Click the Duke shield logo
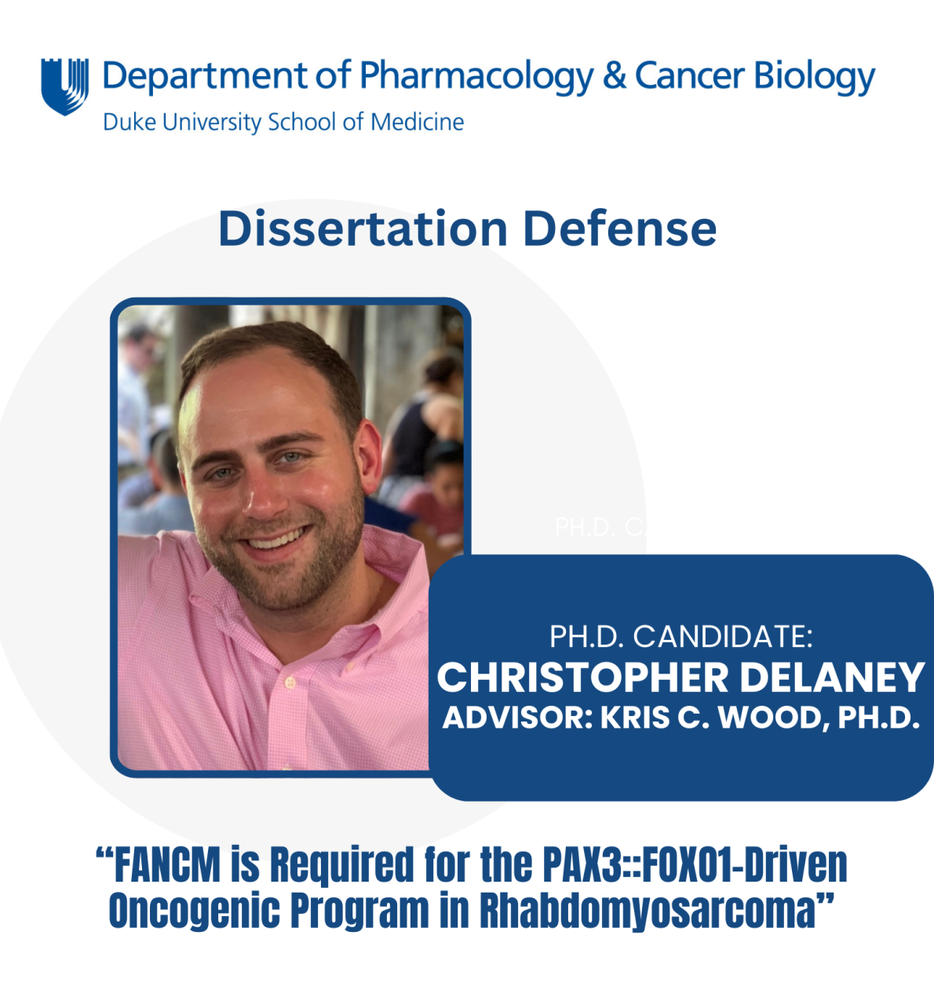click(x=64, y=86)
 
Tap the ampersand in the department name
click(x=615, y=76)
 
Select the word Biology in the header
click(x=814, y=77)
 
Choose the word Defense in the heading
click(x=619, y=229)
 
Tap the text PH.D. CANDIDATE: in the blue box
click(x=680, y=637)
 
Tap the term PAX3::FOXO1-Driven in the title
click(x=695, y=865)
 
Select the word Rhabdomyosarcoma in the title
click(x=648, y=911)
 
